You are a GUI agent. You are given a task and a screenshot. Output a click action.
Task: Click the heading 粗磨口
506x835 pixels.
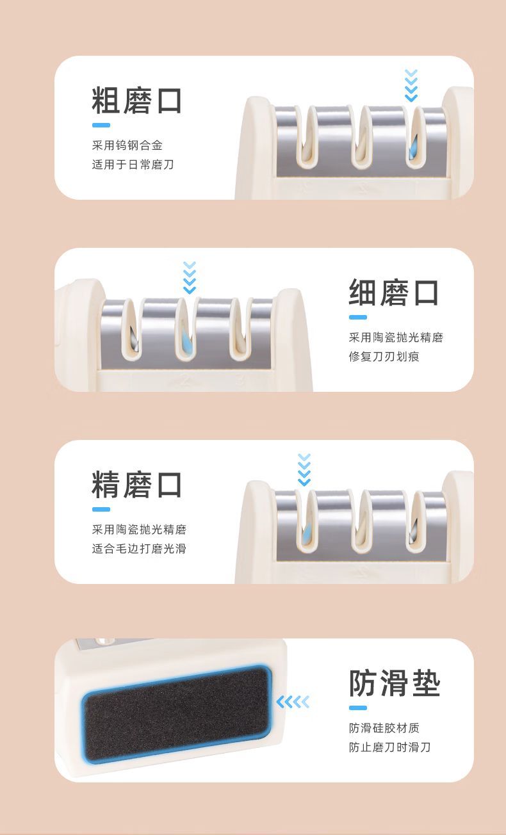pyautogui.click(x=136, y=101)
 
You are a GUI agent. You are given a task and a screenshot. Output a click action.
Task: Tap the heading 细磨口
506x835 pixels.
pyautogui.click(x=393, y=293)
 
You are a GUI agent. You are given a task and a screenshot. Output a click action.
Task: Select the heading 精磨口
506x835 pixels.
pyautogui.click(x=136, y=485)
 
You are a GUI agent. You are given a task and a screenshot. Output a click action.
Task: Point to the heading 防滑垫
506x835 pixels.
pyautogui.click(x=395, y=683)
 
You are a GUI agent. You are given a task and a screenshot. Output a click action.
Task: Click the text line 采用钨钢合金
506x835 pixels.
pyautogui.click(x=127, y=145)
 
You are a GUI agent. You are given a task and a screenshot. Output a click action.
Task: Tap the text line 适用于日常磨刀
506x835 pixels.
pyautogui.click(x=133, y=165)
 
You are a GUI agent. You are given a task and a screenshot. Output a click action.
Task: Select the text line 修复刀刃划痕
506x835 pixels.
pyautogui.click(x=384, y=357)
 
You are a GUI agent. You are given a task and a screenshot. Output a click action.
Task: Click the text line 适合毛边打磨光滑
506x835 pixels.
pyautogui.click(x=139, y=549)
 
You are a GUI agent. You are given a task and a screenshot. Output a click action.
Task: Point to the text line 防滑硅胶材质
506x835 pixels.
pyautogui.click(x=384, y=727)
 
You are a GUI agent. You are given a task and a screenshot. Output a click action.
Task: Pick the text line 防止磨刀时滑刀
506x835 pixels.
pyautogui.click(x=389, y=747)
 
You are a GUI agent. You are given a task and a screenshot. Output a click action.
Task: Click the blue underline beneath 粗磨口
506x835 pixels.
pyautogui.click(x=101, y=126)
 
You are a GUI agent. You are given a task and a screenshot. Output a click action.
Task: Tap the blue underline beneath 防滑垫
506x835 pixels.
pyautogui.click(x=358, y=708)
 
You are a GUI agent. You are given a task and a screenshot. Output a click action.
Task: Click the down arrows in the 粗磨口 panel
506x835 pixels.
pyautogui.click(x=411, y=85)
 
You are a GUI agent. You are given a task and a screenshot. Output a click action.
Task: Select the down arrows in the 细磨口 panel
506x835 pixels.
pyautogui.click(x=190, y=278)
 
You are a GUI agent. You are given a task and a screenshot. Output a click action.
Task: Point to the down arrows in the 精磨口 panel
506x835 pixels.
pyautogui.click(x=304, y=470)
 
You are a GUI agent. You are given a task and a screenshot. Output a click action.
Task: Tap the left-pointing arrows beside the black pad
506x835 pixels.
pyautogui.click(x=293, y=702)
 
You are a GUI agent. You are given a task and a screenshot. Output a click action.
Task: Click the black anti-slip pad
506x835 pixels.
pyautogui.click(x=176, y=715)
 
